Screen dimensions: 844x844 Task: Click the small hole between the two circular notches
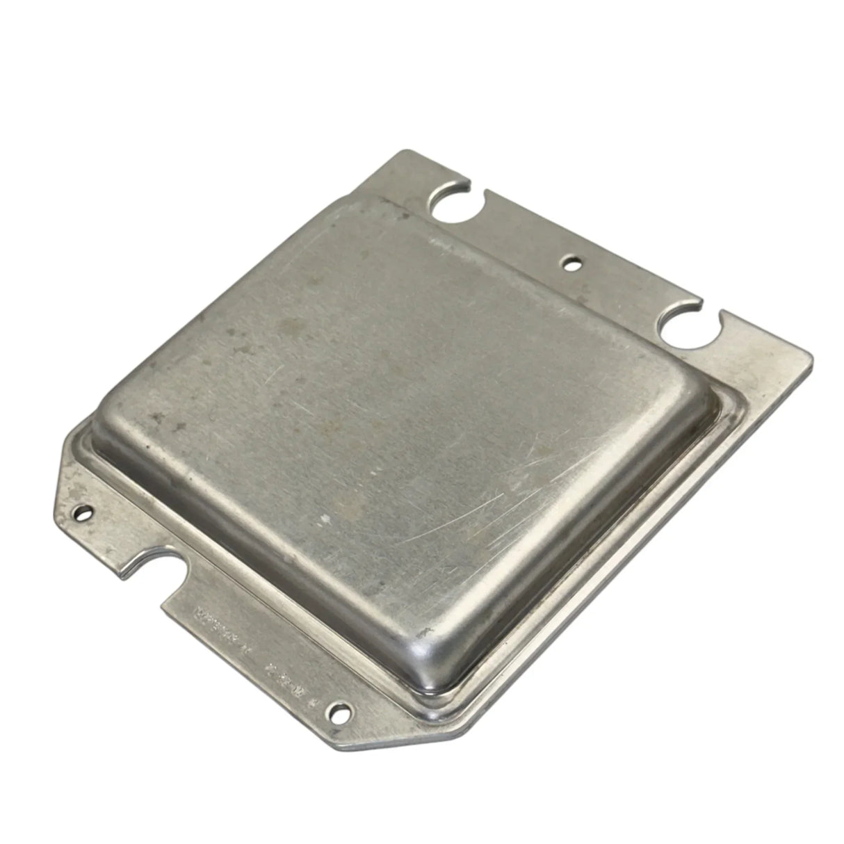click(571, 263)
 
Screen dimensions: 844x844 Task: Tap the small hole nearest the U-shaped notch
click(84, 514)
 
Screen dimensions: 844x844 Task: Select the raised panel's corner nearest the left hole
click(115, 410)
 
